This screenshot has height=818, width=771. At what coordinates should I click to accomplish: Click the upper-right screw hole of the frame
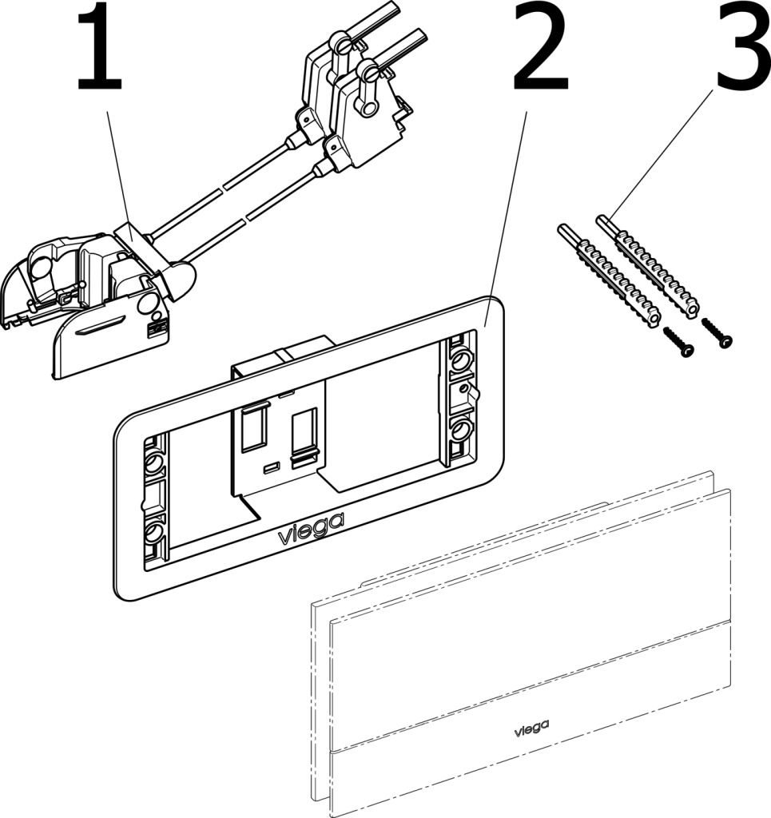459,362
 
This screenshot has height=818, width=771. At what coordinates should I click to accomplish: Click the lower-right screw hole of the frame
459,431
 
